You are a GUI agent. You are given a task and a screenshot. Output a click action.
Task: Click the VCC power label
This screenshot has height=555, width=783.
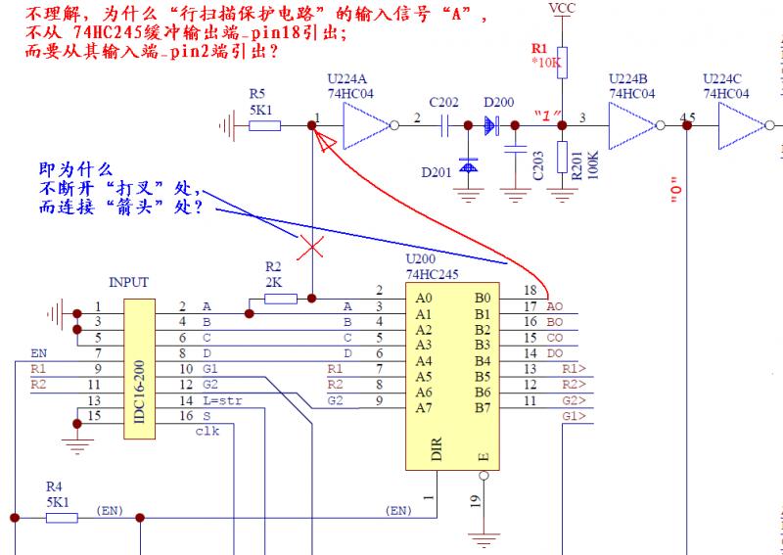(x=562, y=9)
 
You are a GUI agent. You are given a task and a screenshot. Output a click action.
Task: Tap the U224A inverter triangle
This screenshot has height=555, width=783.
(x=364, y=124)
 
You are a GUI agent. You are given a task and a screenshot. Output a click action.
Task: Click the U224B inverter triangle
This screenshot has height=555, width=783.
(x=631, y=124)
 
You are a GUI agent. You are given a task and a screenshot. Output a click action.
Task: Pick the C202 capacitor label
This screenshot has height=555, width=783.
(x=443, y=102)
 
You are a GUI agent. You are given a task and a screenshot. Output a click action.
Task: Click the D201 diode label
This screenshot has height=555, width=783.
(x=438, y=172)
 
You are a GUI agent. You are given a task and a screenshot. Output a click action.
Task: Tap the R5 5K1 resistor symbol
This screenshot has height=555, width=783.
(x=264, y=124)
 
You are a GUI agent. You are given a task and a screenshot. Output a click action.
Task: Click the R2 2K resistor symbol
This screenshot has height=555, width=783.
(x=280, y=297)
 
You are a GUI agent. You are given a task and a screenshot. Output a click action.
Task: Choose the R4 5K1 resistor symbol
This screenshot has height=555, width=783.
(x=62, y=516)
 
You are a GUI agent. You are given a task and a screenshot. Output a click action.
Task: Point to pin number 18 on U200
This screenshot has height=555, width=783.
(x=530, y=291)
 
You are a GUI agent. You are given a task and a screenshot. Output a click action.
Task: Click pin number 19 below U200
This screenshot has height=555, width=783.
(x=473, y=501)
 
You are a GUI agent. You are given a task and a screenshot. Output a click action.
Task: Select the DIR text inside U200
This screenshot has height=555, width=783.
(x=437, y=449)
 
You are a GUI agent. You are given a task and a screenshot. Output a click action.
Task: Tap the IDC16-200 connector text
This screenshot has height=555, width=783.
(x=138, y=361)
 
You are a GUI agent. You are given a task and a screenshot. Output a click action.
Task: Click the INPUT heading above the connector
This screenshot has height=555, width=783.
(x=128, y=282)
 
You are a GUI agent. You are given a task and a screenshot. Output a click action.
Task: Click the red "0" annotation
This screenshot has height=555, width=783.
(x=675, y=195)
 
